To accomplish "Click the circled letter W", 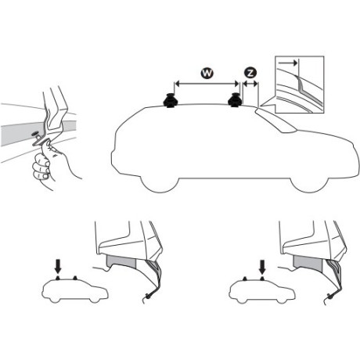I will coord(207,72).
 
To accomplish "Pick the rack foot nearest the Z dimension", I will coord(235,102).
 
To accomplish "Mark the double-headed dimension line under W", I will coord(207,84).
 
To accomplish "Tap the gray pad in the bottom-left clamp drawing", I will coord(125,263).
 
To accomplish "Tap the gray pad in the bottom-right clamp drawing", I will coord(313,263).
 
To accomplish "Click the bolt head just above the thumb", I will coord(37,139).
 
